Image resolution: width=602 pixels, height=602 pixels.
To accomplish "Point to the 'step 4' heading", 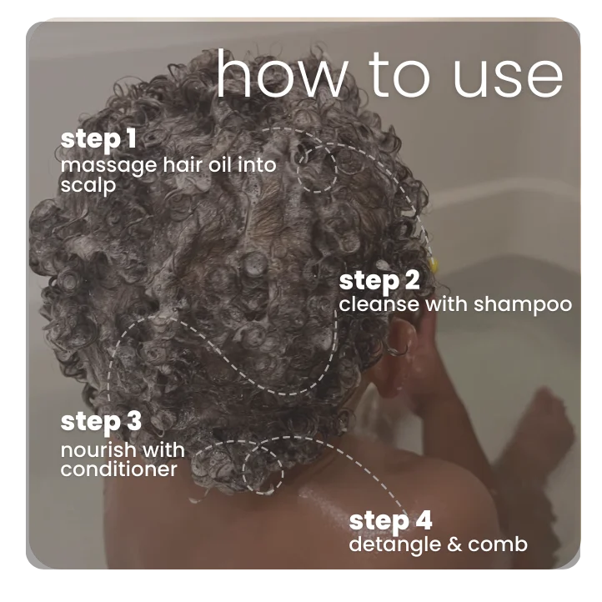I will coord(390,521).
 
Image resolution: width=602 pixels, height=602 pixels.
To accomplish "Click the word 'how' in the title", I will coord(279,77).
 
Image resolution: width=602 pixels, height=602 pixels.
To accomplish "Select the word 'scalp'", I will coord(88,185).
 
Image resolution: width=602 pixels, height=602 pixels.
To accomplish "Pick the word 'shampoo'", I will coord(523,304).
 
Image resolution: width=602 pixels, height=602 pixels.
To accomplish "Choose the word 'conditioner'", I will coord(118,469).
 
